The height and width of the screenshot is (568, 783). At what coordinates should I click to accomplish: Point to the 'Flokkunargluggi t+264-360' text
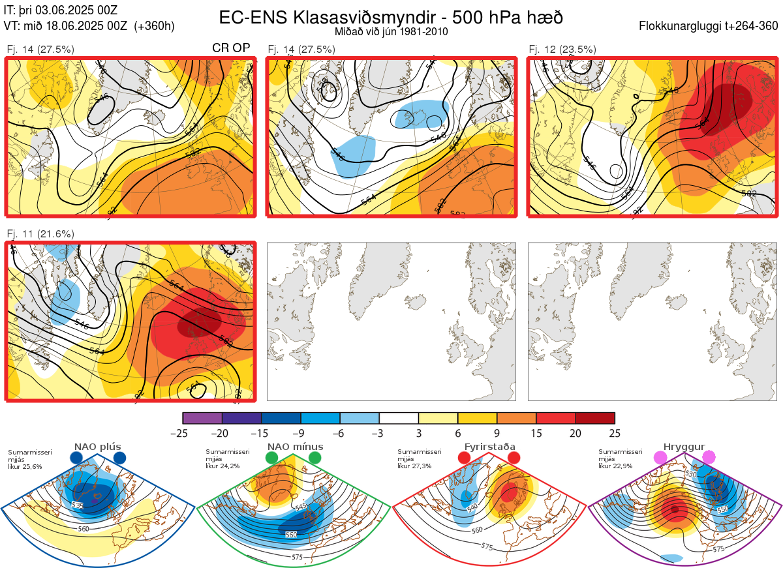(710, 26)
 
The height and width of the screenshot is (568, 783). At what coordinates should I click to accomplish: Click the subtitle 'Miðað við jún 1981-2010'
(391, 32)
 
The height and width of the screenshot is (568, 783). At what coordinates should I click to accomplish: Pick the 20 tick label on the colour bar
(576, 433)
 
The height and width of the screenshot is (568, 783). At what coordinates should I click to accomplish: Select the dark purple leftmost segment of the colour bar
(202, 418)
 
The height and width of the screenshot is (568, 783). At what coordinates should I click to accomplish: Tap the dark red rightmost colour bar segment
(595, 418)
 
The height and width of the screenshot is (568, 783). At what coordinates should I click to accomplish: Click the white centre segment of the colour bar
(399, 418)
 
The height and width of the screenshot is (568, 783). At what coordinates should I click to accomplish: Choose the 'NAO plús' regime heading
(97, 447)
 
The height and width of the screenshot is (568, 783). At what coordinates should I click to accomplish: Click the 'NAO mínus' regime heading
(295, 447)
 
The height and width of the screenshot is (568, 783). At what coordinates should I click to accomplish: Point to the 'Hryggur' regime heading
(684, 447)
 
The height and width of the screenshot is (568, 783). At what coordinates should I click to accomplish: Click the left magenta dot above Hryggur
(661, 458)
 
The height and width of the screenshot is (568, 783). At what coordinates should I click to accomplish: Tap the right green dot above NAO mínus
(316, 458)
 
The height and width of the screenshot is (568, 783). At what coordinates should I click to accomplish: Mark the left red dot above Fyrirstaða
(465, 458)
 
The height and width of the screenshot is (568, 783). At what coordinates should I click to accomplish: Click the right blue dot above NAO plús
(119, 458)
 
